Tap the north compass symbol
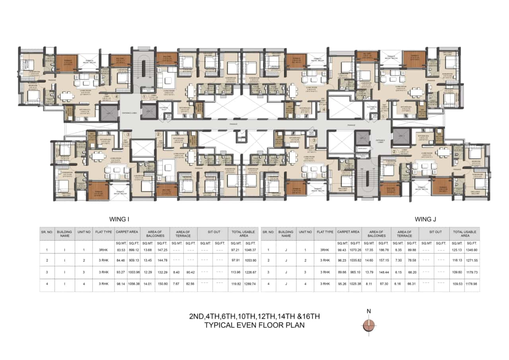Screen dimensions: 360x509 [x=369, y=325]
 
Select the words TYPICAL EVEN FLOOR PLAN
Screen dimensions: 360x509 [x=254, y=325]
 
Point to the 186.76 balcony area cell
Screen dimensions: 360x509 [x=384, y=250]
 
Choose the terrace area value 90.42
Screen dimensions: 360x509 [x=191, y=273]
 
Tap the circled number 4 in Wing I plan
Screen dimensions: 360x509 [x=117, y=96]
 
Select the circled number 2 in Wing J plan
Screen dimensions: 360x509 [x=394, y=152]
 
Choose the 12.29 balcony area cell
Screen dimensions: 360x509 [x=148, y=273]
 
